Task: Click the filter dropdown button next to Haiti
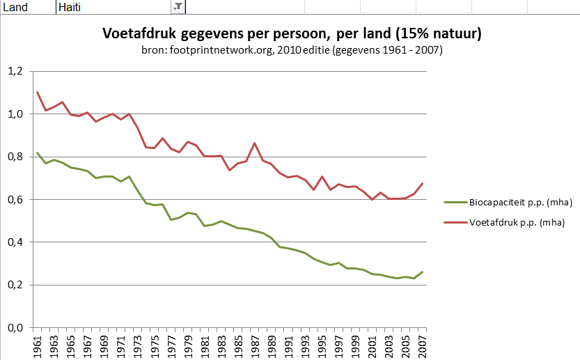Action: click(x=178, y=6)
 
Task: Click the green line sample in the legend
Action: click(x=456, y=203)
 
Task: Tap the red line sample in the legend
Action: click(x=456, y=223)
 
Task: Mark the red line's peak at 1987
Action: click(x=255, y=143)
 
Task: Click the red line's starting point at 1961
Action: click(x=38, y=93)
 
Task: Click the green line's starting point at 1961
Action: click(x=38, y=152)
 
